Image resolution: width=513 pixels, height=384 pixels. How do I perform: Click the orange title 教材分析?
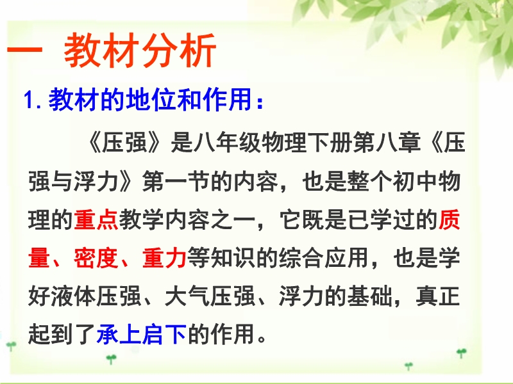pyautogui.click(x=140, y=51)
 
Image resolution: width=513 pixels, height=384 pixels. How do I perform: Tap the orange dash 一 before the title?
pyautogui.click(x=25, y=51)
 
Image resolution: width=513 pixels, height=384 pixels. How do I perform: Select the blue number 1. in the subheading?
pyautogui.click(x=33, y=99)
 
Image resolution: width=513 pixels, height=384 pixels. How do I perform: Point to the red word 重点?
pyautogui.click(x=96, y=220)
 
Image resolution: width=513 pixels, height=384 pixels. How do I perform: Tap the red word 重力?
pyautogui.click(x=165, y=258)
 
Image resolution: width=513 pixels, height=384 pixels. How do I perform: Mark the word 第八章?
pyautogui.click(x=387, y=143)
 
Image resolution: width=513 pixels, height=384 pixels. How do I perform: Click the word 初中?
pyautogui.click(x=416, y=181)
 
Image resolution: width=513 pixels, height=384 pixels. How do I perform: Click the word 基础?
pyautogui.click(x=370, y=296)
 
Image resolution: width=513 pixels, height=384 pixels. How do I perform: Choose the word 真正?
pyautogui.click(x=438, y=296)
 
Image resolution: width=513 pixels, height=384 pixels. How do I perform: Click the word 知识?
pyautogui.click(x=233, y=258)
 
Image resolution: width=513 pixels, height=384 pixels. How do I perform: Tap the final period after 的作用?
pyautogui.click(x=262, y=339)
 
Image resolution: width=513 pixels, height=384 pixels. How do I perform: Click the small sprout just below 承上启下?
pyautogui.click(x=111, y=359)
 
